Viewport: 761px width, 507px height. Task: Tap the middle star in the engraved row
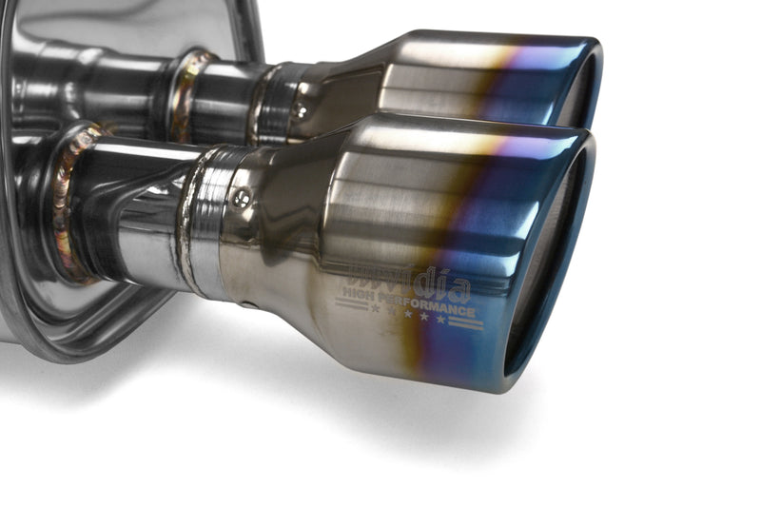pos(407,313)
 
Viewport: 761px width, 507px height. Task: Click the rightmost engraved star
pos(439,320)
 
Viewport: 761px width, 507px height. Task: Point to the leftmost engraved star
pos(376,308)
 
